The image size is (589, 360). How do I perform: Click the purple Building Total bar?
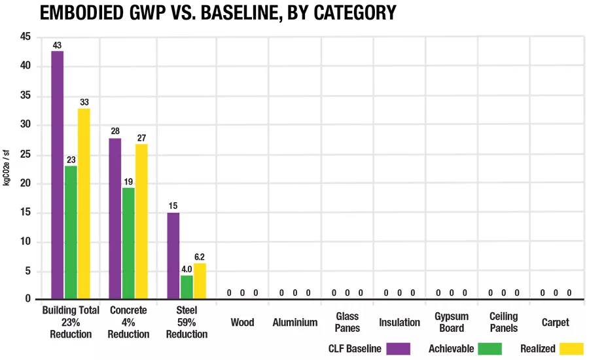coord(58,175)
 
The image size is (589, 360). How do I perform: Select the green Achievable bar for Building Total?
coord(71,232)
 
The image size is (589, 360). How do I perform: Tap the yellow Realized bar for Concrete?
coord(141,221)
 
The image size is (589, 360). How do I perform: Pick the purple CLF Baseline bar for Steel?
coord(173,255)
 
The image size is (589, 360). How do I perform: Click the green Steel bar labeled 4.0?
coord(187,287)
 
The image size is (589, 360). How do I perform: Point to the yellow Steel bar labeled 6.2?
coord(200,281)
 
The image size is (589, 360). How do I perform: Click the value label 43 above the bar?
coord(57,45)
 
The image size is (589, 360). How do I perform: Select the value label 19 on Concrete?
coord(128,182)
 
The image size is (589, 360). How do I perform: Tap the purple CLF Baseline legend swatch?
coord(398,349)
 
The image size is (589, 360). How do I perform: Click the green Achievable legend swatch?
coord(490,349)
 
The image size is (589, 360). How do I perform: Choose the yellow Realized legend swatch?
coord(571,349)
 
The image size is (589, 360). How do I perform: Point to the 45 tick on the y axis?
coord(26,37)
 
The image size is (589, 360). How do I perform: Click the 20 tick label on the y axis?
coord(26,183)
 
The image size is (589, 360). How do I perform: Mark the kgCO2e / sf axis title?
coord(7,168)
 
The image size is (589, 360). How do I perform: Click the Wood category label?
coord(242,323)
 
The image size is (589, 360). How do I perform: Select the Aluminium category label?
coord(295,323)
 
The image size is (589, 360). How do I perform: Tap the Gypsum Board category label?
coord(452,323)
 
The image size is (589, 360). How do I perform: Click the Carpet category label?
coord(555,323)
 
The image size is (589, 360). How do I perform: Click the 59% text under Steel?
coord(187,323)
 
